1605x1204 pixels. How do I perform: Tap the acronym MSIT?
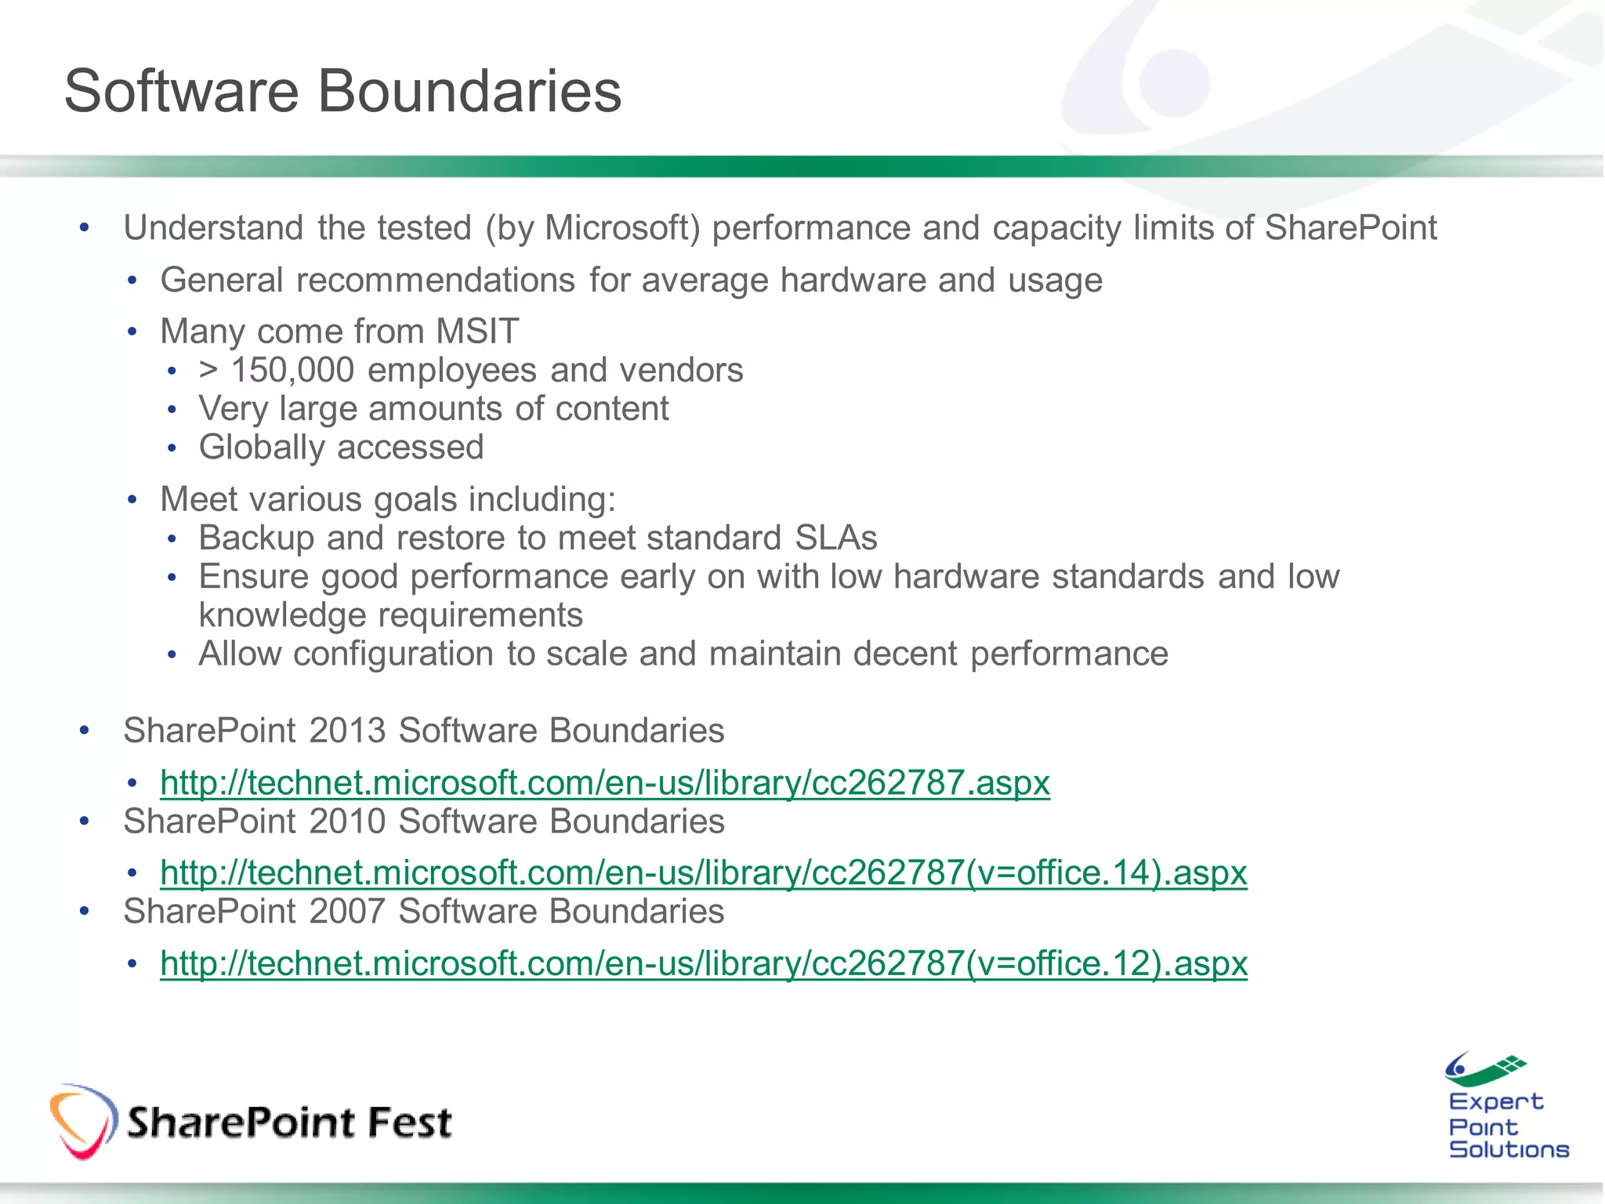pyautogui.click(x=477, y=331)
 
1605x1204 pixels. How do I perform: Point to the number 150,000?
pyautogui.click(x=292, y=370)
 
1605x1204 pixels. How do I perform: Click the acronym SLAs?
pyautogui.click(x=835, y=538)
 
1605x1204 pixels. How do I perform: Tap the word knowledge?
pyautogui.click(x=282, y=615)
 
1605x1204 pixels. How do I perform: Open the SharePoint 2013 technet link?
pyautogui.click(x=604, y=782)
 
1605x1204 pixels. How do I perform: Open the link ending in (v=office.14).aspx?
pyautogui.click(x=703, y=872)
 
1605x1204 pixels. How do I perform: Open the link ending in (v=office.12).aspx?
pyautogui.click(x=703, y=963)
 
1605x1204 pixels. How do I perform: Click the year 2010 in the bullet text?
pyautogui.click(x=347, y=821)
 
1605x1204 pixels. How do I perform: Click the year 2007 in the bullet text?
pyautogui.click(x=347, y=912)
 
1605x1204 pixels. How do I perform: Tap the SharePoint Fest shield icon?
pyautogui.click(x=83, y=1121)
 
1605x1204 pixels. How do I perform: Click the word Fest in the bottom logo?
pyautogui.click(x=410, y=1122)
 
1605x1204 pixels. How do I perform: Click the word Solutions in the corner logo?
pyautogui.click(x=1509, y=1149)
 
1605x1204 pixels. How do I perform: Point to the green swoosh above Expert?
pyautogui.click(x=1486, y=1071)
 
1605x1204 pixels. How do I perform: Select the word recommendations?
pyautogui.click(x=436, y=281)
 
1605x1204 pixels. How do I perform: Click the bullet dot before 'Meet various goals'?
pyautogui.click(x=132, y=499)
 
